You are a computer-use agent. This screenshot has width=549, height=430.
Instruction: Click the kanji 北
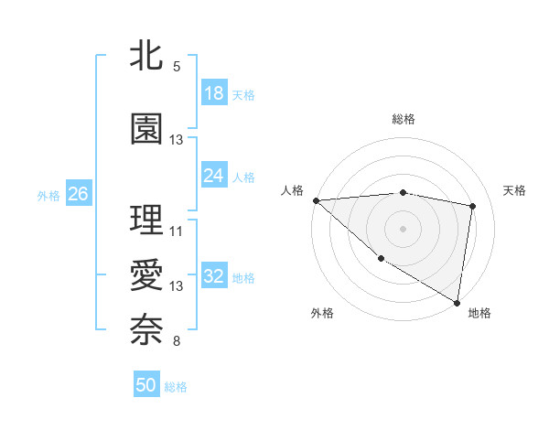pyautogui.click(x=146, y=57)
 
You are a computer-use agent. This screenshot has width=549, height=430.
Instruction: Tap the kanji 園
pyautogui.click(x=146, y=129)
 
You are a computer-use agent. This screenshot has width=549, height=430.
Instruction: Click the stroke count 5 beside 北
pyautogui.click(x=176, y=67)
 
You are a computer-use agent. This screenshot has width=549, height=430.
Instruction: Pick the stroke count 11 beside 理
pyautogui.click(x=177, y=231)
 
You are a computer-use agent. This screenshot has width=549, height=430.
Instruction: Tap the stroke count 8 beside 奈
pyautogui.click(x=176, y=341)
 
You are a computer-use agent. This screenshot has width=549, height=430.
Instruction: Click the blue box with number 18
pyautogui.click(x=214, y=93)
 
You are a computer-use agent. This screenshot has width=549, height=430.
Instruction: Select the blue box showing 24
pyautogui.click(x=214, y=176)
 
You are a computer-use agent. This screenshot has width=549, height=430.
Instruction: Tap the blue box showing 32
pyautogui.click(x=214, y=276)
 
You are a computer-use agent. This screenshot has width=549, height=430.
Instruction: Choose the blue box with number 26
pyautogui.click(x=79, y=194)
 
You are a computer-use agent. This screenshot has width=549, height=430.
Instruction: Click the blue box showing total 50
pyautogui.click(x=146, y=385)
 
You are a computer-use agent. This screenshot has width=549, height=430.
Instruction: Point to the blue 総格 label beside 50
pyautogui.click(x=176, y=387)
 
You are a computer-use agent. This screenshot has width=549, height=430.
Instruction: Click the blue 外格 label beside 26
pyautogui.click(x=48, y=195)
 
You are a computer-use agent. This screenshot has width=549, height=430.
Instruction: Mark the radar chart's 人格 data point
pyautogui.click(x=316, y=200)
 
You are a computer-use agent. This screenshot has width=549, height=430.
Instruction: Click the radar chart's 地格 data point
pyautogui.click(x=457, y=301)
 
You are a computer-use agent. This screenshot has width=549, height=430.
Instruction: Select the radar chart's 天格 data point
pyautogui.click(x=473, y=206)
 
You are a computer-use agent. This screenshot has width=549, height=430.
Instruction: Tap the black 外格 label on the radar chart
pyautogui.click(x=322, y=313)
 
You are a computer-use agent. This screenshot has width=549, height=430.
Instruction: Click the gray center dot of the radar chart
pyautogui.click(x=403, y=228)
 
